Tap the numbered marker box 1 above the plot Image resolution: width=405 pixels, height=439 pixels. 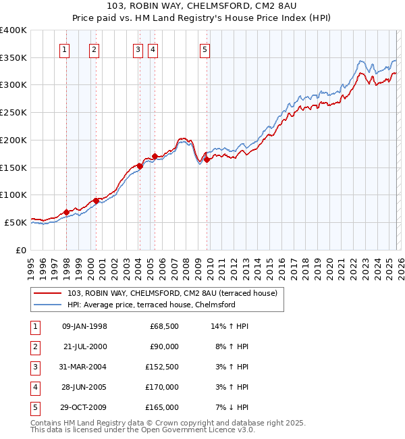pyautogui.click(x=65, y=49)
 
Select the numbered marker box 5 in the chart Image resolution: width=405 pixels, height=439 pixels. pyautogui.click(x=205, y=49)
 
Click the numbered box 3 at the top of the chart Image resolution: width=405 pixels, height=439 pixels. pyautogui.click(x=138, y=49)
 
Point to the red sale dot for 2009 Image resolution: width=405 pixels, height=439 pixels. pyautogui.click(x=207, y=159)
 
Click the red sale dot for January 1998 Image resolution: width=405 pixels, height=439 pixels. pyautogui.click(x=66, y=212)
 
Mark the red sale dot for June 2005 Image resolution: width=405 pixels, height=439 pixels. pyautogui.click(x=155, y=157)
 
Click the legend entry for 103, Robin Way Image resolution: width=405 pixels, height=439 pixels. pyautogui.click(x=175, y=293)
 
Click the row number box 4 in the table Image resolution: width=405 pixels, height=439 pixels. pyautogui.click(x=34, y=387)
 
